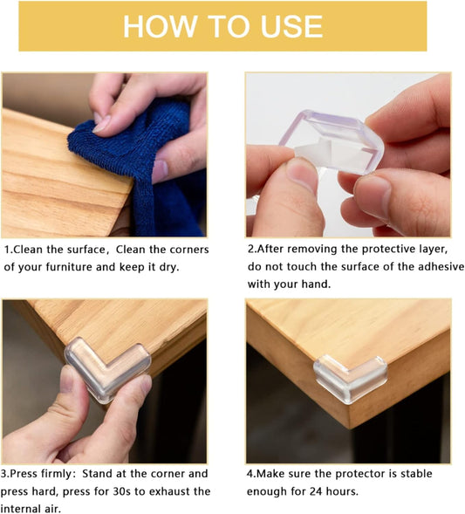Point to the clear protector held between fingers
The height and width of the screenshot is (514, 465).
(x=332, y=140)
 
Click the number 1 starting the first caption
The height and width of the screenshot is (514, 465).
(x=7, y=250)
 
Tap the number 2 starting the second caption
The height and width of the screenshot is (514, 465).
(x=250, y=250)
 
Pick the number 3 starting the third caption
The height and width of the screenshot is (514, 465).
(x=7, y=474)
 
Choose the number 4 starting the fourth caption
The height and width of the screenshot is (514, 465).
(x=250, y=474)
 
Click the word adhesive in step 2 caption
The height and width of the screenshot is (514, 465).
(x=439, y=267)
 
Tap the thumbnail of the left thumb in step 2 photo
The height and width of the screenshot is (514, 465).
(x=302, y=175)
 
